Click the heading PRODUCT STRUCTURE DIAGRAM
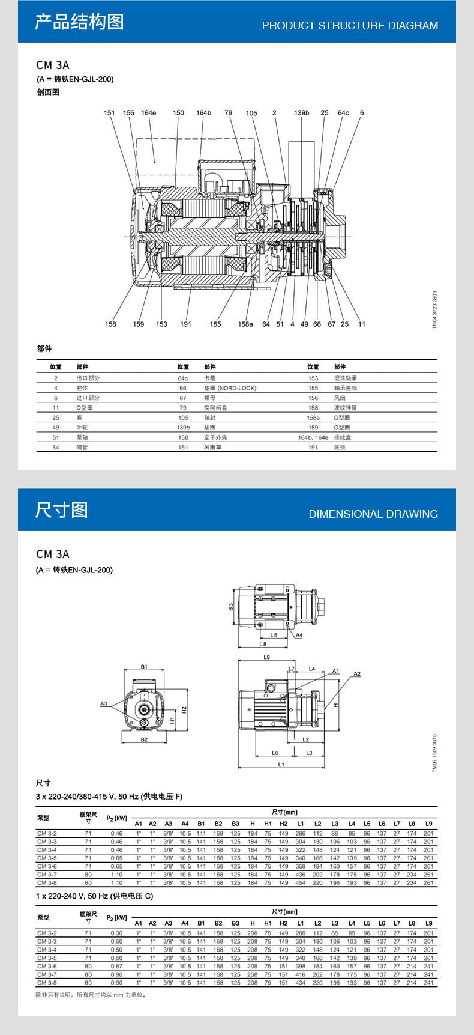pyautogui.click(x=350, y=26)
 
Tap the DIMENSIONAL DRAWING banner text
pyautogui.click(x=373, y=514)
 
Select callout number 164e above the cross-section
pyautogui.click(x=148, y=113)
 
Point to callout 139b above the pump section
pyautogui.click(x=301, y=113)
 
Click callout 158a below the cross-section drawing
pyautogui.click(x=245, y=324)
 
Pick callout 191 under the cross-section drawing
pyautogui.click(x=185, y=324)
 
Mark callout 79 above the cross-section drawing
pyautogui.click(x=228, y=113)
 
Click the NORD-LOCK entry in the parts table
pyautogui.click(x=230, y=388)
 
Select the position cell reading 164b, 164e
pyautogui.click(x=313, y=437)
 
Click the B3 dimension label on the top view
pyautogui.click(x=231, y=607)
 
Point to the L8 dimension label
pyautogui.click(x=263, y=644)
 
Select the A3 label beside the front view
pyautogui.click(x=104, y=703)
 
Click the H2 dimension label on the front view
pyautogui.click(x=184, y=709)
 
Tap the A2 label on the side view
pyautogui.click(x=357, y=674)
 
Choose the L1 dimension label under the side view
pyautogui.click(x=281, y=764)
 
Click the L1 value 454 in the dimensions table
pyautogui.click(x=300, y=883)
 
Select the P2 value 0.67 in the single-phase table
pyautogui.click(x=116, y=967)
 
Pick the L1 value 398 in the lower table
pyautogui.click(x=300, y=967)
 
